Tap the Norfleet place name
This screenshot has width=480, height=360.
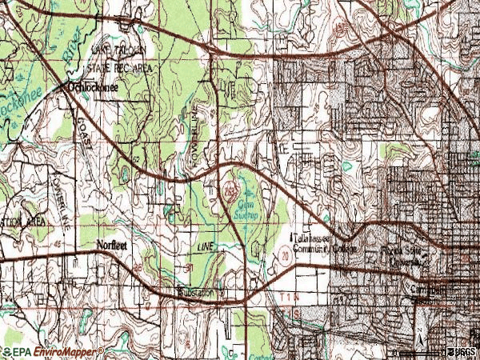(x=112, y=246)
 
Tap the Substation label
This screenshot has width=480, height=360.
(x=197, y=293)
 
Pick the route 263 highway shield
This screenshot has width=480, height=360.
(x=230, y=192)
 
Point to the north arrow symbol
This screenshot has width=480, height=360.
(x=418, y=335)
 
